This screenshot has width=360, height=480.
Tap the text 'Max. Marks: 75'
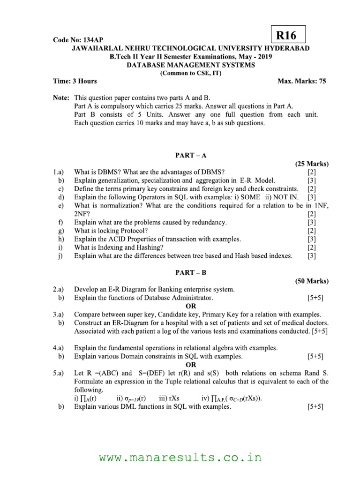click(302, 81)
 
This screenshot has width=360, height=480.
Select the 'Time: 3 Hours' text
click(75, 81)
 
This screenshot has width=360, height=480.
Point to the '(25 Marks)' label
click(312, 164)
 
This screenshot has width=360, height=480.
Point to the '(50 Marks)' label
click(312, 281)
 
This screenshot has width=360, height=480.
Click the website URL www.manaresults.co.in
click(180, 457)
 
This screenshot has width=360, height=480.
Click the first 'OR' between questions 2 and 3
click(191, 306)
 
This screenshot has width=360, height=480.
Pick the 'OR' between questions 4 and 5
click(191, 365)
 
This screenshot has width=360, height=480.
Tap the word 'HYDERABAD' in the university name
click(287, 49)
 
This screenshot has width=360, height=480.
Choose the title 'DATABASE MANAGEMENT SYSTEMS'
click(191, 65)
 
